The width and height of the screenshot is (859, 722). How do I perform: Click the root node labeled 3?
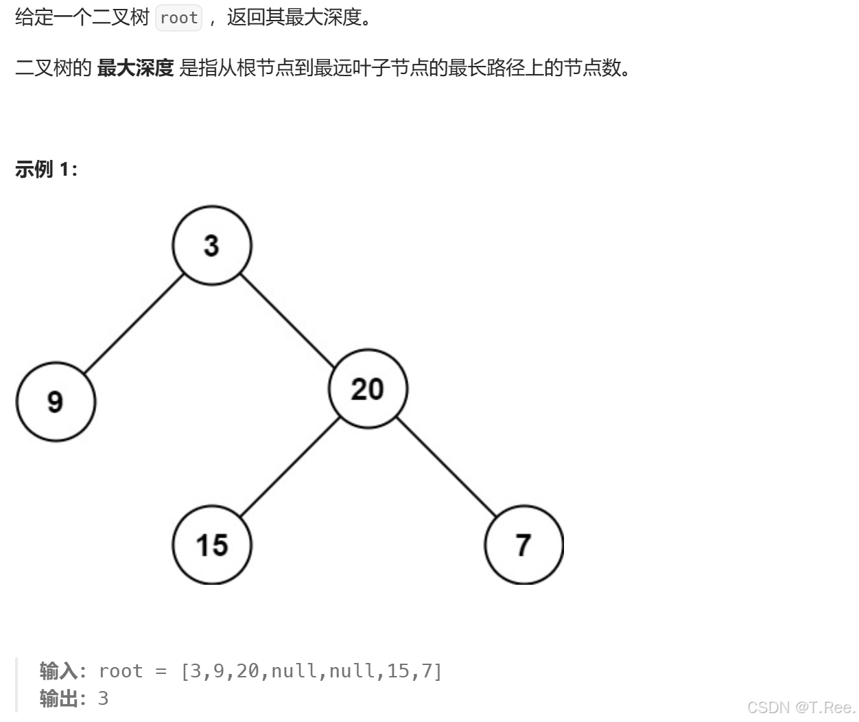point(212,246)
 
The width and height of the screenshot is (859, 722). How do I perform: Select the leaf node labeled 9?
point(56,401)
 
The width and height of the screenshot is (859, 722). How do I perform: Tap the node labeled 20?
point(368,389)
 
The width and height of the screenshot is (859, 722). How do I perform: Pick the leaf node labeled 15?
point(212,545)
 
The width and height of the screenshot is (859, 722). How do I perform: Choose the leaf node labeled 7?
point(523,545)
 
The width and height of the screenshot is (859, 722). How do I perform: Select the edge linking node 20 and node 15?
point(290,467)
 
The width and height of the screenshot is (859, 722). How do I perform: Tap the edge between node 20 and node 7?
point(446,467)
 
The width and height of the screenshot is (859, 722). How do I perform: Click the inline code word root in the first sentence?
point(179,18)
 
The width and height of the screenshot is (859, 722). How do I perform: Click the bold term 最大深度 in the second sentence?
point(135,68)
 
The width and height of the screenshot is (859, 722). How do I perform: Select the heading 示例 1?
point(46,169)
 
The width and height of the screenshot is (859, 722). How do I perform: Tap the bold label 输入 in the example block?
point(58,671)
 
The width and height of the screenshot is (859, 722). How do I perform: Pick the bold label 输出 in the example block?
point(58,698)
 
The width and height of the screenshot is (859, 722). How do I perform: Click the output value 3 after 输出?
point(104,698)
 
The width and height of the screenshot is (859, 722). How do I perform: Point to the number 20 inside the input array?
point(248,671)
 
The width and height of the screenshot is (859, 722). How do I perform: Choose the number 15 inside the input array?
point(398,671)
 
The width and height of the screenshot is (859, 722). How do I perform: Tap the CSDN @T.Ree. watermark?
point(800,707)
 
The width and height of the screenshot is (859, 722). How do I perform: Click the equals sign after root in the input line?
point(161,671)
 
